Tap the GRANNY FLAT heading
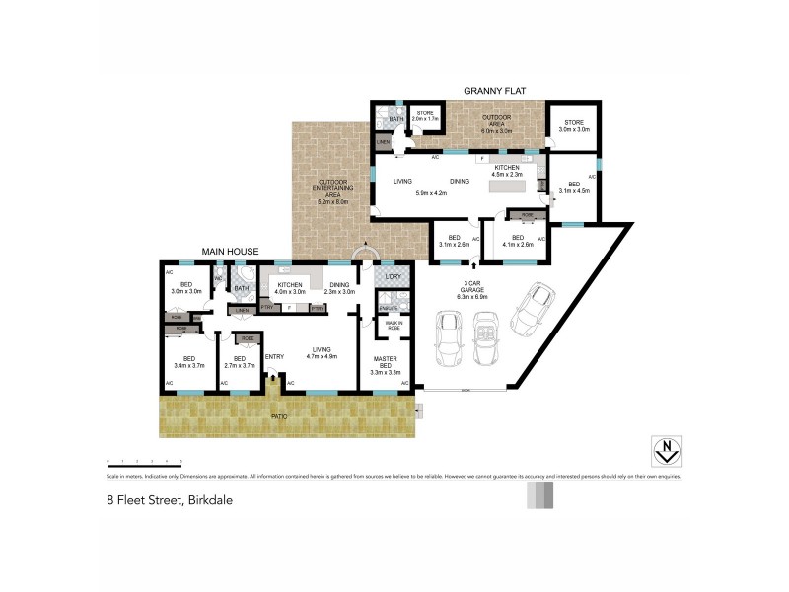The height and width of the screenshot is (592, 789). pyautogui.click(x=494, y=91)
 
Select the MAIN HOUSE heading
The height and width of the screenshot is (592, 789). pyautogui.click(x=231, y=252)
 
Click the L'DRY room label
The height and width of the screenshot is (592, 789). pyautogui.click(x=392, y=277)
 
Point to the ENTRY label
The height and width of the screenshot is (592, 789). pyautogui.click(x=274, y=356)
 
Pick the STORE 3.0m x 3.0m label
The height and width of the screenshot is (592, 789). pyautogui.click(x=573, y=126)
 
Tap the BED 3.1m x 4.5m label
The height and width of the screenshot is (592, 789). pyautogui.click(x=573, y=187)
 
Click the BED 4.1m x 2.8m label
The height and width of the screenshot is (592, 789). pyautogui.click(x=517, y=241)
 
